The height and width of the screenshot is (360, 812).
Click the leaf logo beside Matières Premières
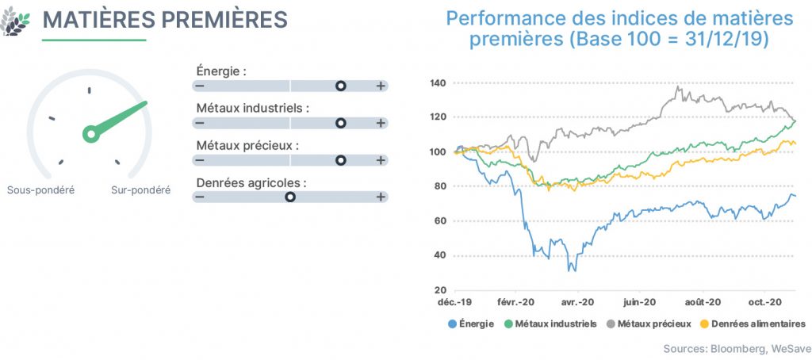coord(15,21)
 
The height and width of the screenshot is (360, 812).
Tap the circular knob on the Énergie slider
coord(340,86)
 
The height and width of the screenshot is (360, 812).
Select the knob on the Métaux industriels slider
coord(340,123)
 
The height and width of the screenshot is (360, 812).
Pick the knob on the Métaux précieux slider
coord(340,161)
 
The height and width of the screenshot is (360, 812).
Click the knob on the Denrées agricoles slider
coord(290,197)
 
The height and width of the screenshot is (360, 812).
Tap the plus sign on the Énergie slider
coord(381,86)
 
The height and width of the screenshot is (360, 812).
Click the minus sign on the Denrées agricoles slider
coord(199,197)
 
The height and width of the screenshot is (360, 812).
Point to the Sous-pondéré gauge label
coord(41,190)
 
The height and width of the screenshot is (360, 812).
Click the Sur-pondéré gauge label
coord(141,190)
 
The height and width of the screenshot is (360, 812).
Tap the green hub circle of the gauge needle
coord(91,135)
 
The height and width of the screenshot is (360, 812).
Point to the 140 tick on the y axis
coord(439,83)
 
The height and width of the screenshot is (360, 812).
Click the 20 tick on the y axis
coord(440,290)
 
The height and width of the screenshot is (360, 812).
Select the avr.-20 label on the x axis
coord(577,302)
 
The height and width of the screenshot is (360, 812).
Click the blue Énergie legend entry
coord(470,324)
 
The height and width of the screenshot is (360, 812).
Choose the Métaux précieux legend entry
coord(649,324)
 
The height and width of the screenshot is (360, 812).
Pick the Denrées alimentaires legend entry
coord(753,324)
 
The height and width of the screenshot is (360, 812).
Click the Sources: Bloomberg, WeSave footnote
coord(737,347)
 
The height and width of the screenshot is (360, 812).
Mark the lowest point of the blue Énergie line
coord(573,271)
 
